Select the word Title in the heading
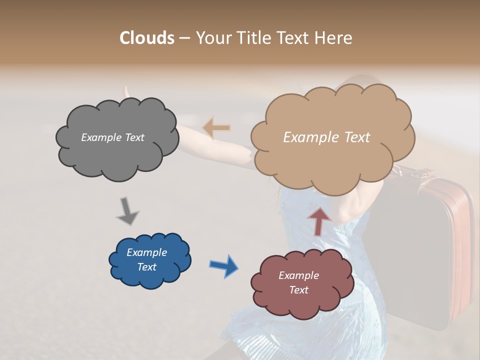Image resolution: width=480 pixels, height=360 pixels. (252, 38)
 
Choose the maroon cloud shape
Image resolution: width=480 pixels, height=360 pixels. (302, 300)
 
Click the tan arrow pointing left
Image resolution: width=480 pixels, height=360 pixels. (216, 127)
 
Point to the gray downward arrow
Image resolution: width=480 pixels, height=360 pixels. (127, 211)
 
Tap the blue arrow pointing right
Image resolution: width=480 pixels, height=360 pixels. (223, 265)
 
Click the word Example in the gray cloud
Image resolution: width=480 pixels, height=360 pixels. (101, 137)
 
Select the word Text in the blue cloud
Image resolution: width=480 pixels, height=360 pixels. (147, 267)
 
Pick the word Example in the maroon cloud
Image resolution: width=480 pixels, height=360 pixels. (298, 275)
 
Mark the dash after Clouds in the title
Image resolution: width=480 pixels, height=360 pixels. (184, 38)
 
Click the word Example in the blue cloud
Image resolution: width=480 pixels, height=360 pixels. (147, 252)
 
